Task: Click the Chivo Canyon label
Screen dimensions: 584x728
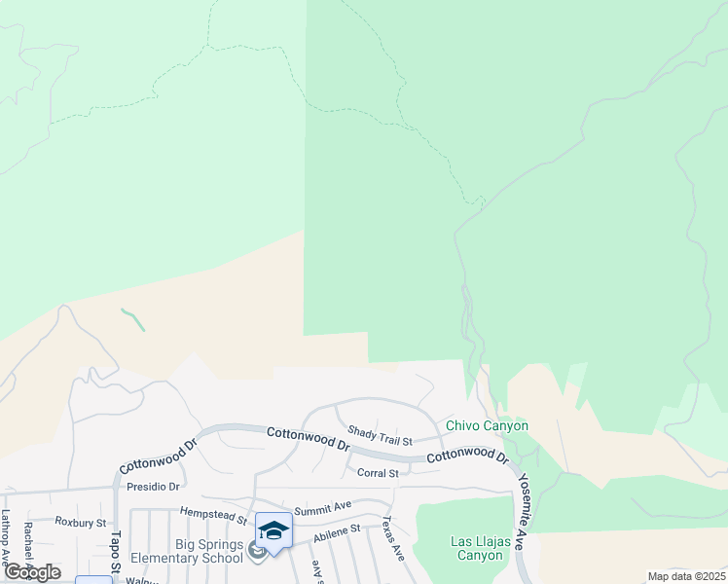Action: click(x=487, y=425)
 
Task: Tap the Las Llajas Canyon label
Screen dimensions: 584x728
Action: click(x=477, y=548)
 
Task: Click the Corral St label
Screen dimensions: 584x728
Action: click(x=379, y=473)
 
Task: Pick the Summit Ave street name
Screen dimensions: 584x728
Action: click(x=322, y=506)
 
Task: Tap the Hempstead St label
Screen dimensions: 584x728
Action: click(x=214, y=510)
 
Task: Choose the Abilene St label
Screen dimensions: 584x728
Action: click(x=336, y=529)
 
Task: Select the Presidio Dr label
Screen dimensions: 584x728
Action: click(x=154, y=486)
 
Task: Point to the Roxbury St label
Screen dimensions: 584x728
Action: click(x=80, y=522)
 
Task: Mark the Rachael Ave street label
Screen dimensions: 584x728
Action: click(x=29, y=545)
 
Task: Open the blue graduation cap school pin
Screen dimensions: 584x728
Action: click(x=273, y=531)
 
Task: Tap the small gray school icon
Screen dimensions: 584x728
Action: click(x=257, y=553)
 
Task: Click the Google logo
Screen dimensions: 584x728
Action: click(x=32, y=572)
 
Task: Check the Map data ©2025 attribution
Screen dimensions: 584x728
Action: click(x=686, y=576)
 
